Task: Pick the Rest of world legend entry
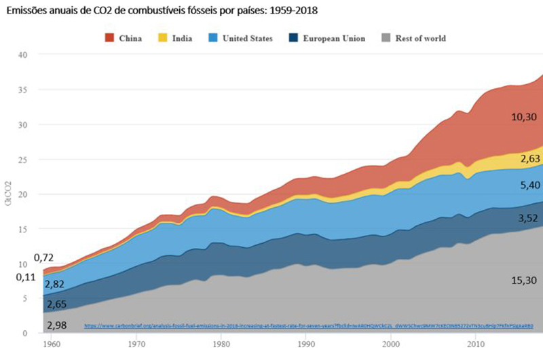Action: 413,38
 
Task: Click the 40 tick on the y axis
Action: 24,55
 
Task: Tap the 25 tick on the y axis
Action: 24,160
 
